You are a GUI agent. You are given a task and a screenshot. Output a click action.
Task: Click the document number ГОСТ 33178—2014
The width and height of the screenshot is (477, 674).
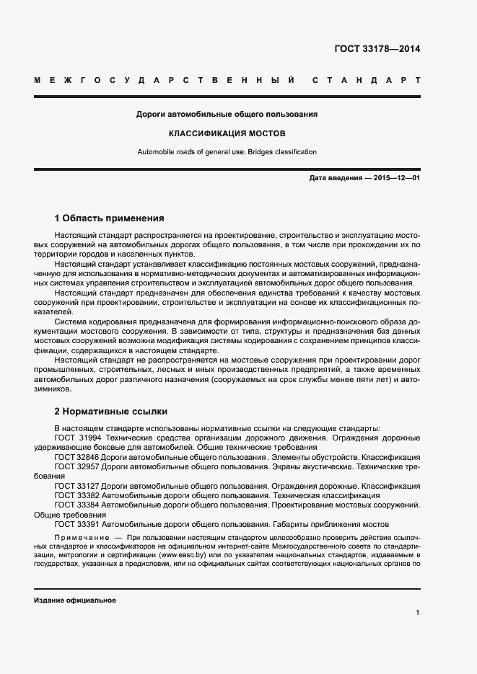(377, 50)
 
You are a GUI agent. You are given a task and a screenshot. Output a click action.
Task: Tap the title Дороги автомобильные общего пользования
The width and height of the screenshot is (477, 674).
(227, 115)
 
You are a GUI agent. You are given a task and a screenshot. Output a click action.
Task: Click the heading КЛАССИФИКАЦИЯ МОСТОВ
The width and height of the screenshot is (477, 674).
(227, 133)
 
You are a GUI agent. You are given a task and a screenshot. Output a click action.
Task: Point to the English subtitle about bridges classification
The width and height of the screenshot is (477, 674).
(227, 152)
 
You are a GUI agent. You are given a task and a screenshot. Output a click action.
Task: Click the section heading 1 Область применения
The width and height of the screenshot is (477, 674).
(110, 218)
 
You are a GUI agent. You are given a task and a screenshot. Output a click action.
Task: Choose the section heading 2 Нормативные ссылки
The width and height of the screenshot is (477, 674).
(111, 412)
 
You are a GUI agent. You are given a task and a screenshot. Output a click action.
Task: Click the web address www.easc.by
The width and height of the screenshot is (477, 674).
(181, 557)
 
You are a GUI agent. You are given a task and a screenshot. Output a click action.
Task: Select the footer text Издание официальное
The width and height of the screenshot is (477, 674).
(75, 600)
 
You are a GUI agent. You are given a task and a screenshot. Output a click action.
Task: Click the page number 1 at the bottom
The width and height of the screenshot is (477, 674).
(418, 613)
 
